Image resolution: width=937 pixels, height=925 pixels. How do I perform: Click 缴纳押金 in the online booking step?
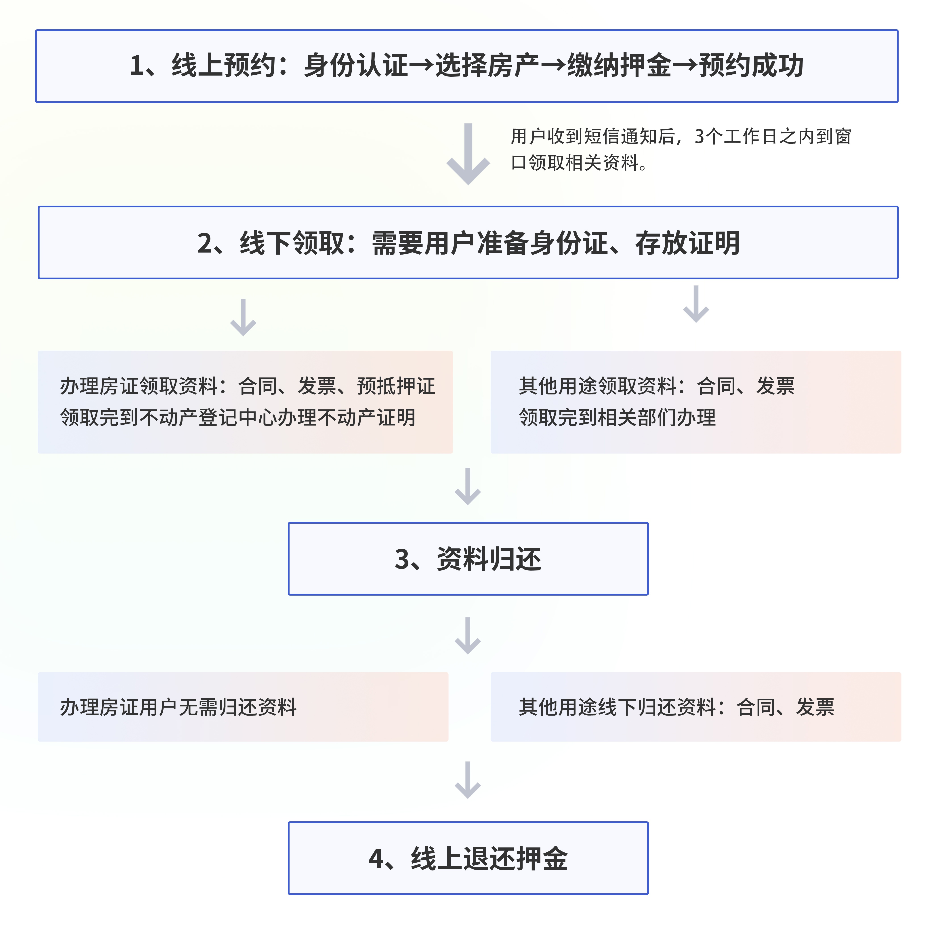click(x=619, y=65)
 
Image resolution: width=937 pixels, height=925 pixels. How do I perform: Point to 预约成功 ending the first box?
click(x=751, y=65)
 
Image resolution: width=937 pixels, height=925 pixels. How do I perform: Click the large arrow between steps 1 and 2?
click(x=468, y=154)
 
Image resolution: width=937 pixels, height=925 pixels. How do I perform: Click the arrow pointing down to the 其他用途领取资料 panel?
click(x=696, y=304)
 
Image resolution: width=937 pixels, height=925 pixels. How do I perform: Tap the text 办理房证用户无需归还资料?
click(x=179, y=707)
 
